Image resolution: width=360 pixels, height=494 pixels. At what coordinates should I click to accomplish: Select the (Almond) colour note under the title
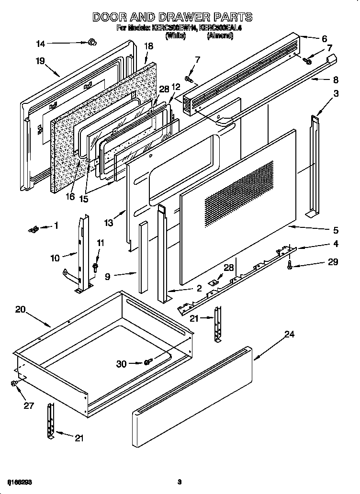click(220, 36)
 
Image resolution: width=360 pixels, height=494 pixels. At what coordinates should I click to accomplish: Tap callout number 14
click(40, 44)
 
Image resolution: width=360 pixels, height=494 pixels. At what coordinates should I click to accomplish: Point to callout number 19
click(40, 61)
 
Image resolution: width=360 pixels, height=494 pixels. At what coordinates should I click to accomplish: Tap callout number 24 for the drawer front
click(289, 335)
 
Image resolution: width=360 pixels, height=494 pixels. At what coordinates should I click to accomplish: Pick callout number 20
click(20, 310)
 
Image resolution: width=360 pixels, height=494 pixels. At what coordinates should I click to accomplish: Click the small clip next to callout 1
click(33, 230)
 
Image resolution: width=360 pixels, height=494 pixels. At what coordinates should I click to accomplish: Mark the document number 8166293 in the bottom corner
click(20, 481)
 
